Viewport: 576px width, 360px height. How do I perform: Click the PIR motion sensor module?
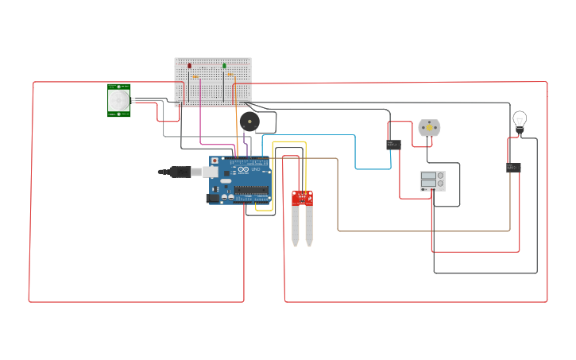click(x=119, y=100)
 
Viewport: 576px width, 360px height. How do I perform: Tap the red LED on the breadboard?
click(x=189, y=66)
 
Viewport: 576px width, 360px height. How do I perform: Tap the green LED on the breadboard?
click(x=224, y=66)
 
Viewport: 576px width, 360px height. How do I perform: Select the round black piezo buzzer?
click(x=249, y=122)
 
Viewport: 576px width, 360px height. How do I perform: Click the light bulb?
click(x=520, y=121)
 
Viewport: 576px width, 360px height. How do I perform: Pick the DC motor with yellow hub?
click(x=429, y=127)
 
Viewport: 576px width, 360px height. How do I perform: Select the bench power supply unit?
click(x=432, y=180)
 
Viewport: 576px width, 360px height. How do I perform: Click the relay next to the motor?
click(x=393, y=145)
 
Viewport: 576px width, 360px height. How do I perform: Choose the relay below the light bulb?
click(x=513, y=168)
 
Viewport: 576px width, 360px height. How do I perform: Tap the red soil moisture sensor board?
click(x=302, y=197)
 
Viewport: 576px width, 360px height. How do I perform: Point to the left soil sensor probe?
click(x=296, y=225)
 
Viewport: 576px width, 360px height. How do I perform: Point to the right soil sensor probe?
click(x=309, y=225)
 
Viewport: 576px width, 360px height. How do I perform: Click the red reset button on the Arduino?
click(x=214, y=161)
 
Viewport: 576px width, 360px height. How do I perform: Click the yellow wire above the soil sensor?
click(x=289, y=142)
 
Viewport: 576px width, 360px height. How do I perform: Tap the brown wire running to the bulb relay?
click(x=421, y=231)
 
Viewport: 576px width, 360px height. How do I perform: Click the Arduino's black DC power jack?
click(x=213, y=198)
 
